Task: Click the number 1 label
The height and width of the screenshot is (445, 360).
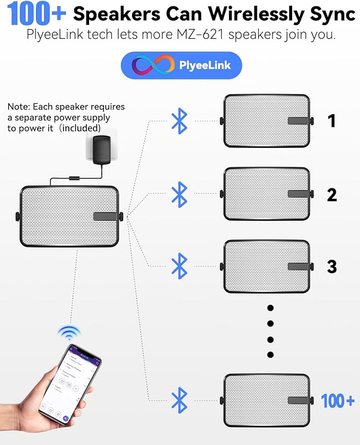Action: point(331,121)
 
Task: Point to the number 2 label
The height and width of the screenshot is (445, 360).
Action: point(332,195)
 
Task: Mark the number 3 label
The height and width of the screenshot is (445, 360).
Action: point(332,266)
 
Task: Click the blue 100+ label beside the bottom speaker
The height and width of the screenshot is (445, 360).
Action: point(338,401)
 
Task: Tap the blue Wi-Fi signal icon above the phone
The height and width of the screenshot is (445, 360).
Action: point(69,333)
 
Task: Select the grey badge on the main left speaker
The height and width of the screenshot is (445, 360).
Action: point(106,216)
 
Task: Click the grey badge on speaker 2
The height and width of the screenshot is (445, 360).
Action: point(298,194)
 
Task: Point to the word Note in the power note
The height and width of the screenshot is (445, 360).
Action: point(18,107)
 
